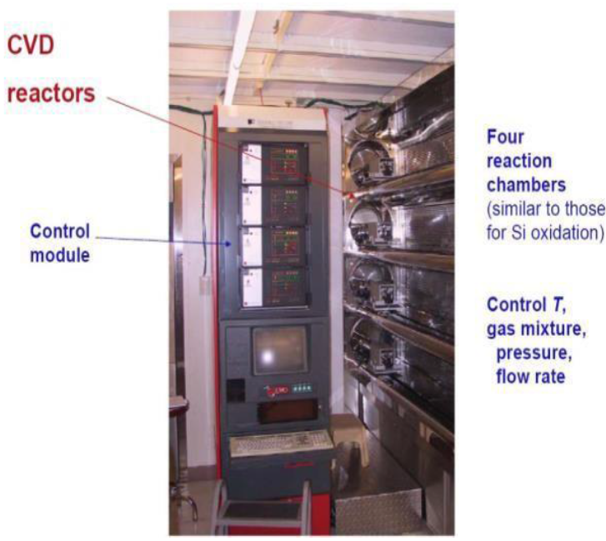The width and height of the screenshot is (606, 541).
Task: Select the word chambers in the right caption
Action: (x=521, y=183)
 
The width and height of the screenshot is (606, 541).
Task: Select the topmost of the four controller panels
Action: (x=273, y=163)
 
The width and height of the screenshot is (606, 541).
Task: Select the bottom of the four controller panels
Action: (x=273, y=285)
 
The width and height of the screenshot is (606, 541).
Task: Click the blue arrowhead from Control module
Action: (x=231, y=244)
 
